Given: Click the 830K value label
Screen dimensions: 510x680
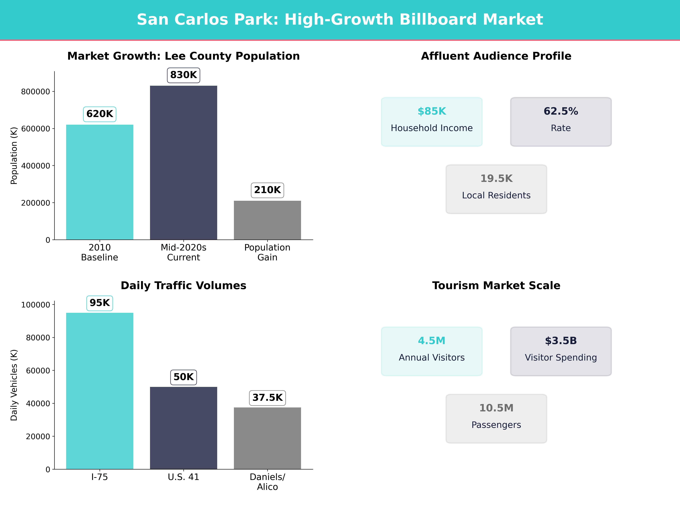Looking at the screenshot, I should tap(183, 75).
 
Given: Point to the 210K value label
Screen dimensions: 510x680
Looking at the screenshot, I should tap(267, 190).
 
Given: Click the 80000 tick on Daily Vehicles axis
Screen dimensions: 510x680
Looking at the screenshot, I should tap(38, 338).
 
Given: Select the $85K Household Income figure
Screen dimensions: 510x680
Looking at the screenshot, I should tap(432, 111).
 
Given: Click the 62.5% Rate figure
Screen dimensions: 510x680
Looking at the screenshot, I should tap(561, 111).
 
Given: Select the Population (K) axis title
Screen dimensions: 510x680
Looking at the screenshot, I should tap(14, 156).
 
